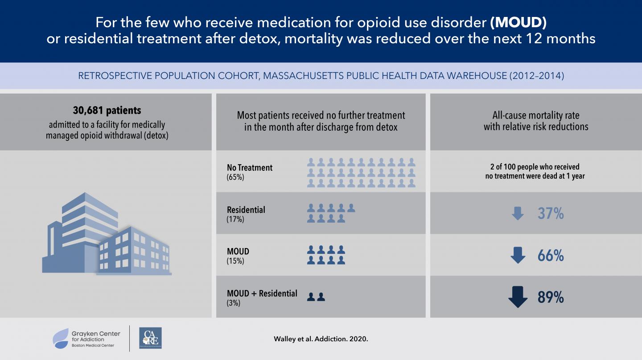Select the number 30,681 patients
click(x=107, y=110)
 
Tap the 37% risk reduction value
click(x=551, y=214)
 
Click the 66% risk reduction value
click(x=551, y=256)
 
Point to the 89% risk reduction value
click(x=551, y=298)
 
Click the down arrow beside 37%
click(x=518, y=214)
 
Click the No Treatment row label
click(x=250, y=168)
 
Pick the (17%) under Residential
click(x=235, y=219)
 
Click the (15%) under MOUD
click(x=235, y=261)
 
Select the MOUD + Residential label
click(x=262, y=294)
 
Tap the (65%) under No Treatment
click(x=235, y=177)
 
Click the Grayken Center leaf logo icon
click(x=61, y=338)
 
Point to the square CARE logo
click(x=150, y=338)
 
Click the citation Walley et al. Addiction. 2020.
click(x=321, y=339)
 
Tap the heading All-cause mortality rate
click(x=536, y=116)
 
